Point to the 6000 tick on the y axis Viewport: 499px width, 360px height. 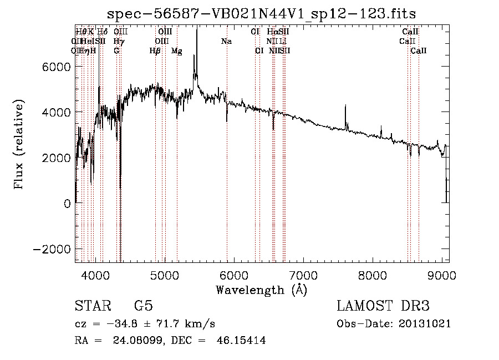pos(58,67)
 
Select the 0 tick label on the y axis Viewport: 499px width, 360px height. pos(68,203)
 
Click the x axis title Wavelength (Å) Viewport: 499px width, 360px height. pos(261,290)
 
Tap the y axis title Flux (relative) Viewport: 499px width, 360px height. pos(19,145)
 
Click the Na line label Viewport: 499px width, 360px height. pos(226,42)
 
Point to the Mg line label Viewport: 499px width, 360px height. pos(176,51)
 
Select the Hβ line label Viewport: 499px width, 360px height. pos(155,51)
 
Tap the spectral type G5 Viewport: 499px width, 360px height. pos(143,306)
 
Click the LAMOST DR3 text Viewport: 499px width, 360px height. pos(383,306)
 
